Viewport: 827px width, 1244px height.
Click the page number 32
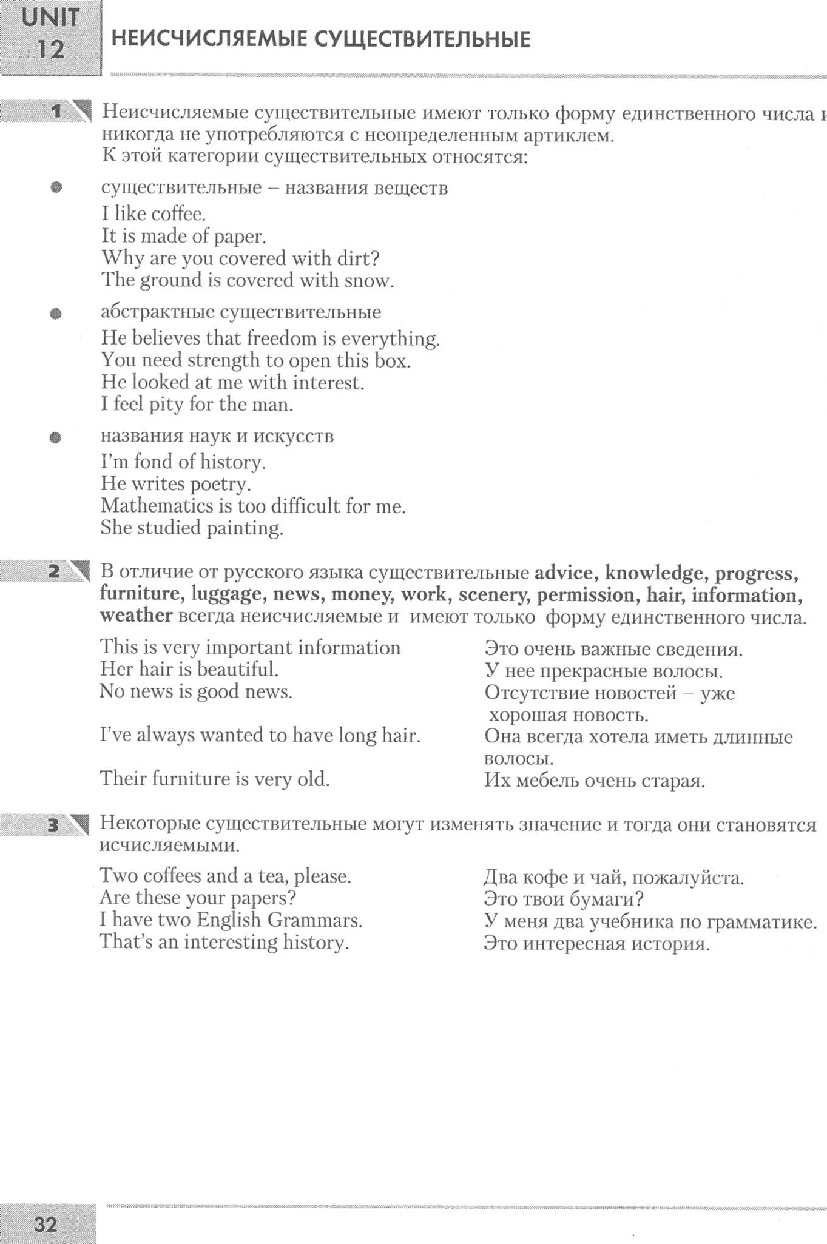pyautogui.click(x=46, y=1224)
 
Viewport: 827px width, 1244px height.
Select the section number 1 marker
pyautogui.click(x=58, y=111)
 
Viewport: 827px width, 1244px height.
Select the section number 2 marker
pyautogui.click(x=55, y=571)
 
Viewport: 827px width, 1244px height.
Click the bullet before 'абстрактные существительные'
pyautogui.click(x=56, y=314)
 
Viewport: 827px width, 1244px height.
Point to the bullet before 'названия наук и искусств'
pyautogui.click(x=56, y=437)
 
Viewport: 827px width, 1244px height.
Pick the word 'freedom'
pyautogui.click(x=285, y=338)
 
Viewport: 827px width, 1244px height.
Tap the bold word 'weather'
pyautogui.click(x=136, y=616)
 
